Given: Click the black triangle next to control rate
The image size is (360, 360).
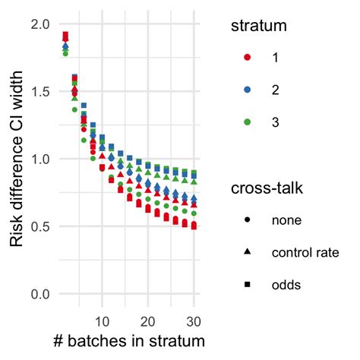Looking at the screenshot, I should [x=248, y=251].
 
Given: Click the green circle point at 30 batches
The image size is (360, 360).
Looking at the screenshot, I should [x=194, y=213].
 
